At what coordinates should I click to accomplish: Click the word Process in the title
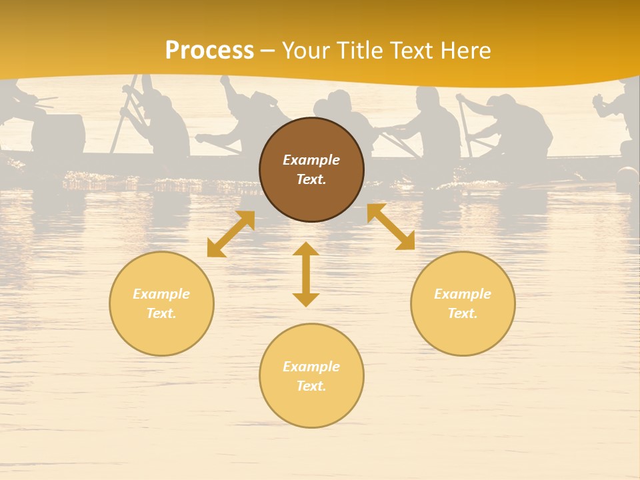click(209, 51)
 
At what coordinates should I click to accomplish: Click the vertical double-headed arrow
click(306, 274)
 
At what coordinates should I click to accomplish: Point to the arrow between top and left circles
click(231, 234)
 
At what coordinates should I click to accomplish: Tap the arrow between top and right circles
click(391, 227)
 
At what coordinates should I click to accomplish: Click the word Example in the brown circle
click(311, 160)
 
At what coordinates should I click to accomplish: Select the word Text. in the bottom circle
click(311, 386)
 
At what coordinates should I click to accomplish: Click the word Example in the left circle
click(161, 294)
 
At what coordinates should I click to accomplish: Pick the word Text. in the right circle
click(463, 313)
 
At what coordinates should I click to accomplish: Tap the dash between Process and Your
click(268, 51)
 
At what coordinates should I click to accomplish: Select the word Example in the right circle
click(463, 294)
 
